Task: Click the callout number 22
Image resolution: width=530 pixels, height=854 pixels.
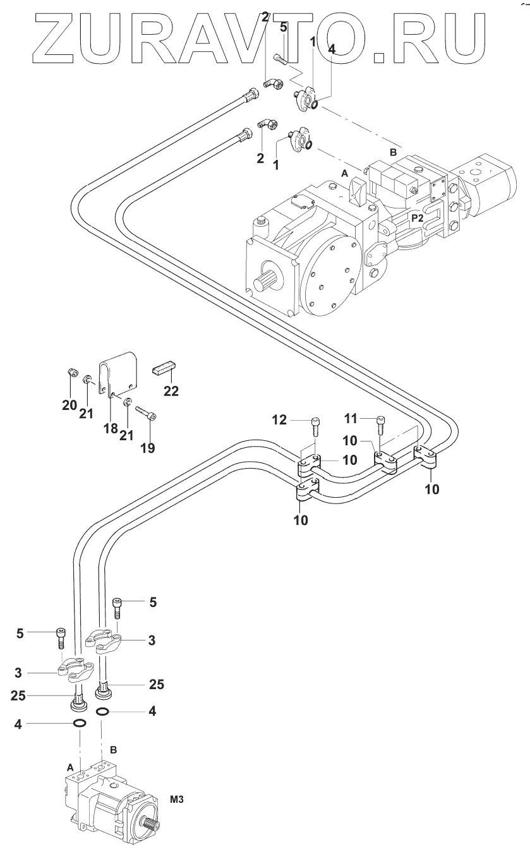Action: pyautogui.click(x=171, y=391)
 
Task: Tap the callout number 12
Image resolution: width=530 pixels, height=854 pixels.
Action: pyautogui.click(x=279, y=420)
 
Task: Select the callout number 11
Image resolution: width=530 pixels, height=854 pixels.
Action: pyautogui.click(x=351, y=419)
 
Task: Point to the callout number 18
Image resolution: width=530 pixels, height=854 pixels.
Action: pyautogui.click(x=111, y=428)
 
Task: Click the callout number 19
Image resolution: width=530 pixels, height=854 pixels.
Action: pyautogui.click(x=148, y=448)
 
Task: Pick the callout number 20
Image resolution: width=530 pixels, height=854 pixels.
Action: pyautogui.click(x=69, y=406)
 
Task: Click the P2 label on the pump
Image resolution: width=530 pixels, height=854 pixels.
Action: pyautogui.click(x=418, y=218)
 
